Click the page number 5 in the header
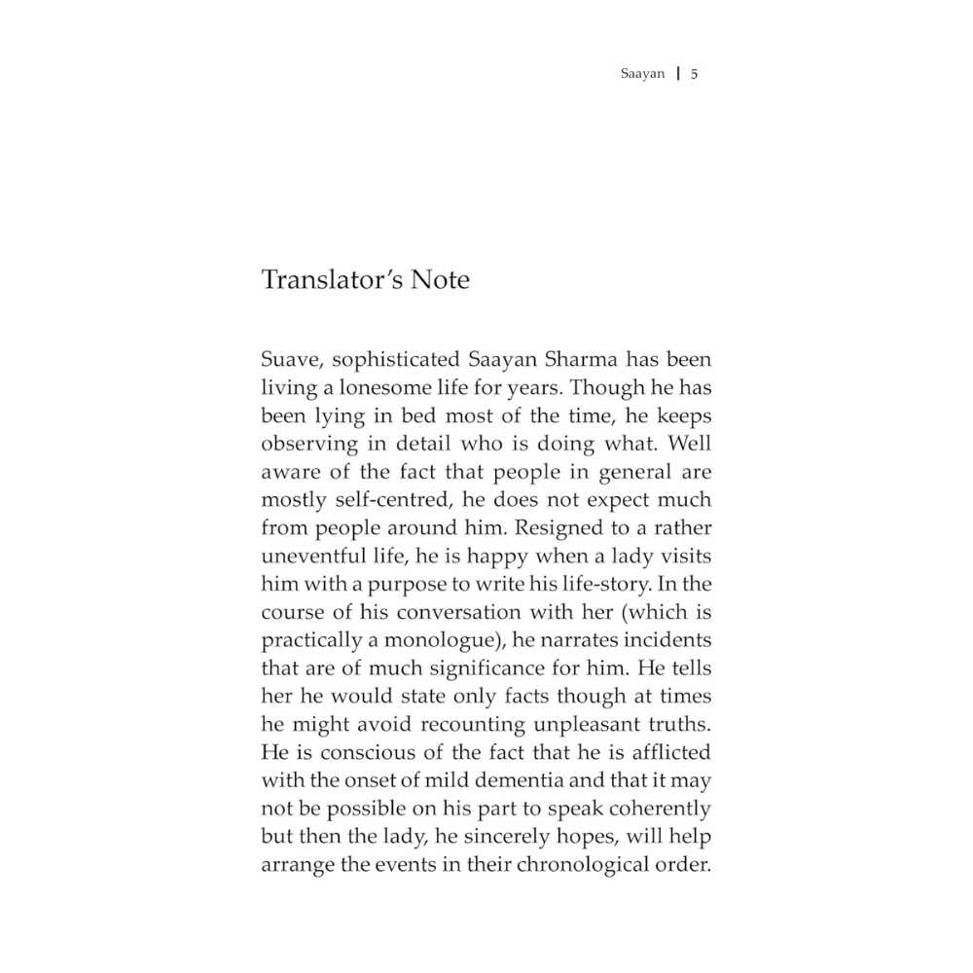pos(695,74)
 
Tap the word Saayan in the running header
pos(642,74)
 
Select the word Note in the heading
pos(439,280)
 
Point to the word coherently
pos(658,810)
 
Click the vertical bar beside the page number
pos(677,74)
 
